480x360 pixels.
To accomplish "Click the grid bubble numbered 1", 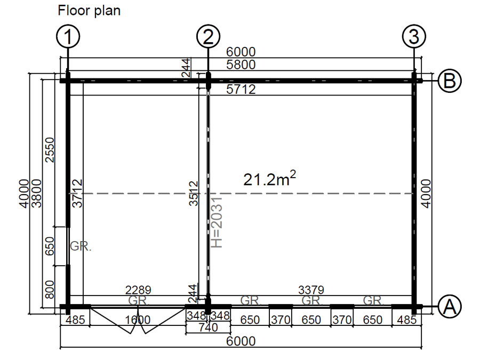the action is [68, 36].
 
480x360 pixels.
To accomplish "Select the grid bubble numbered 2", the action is [208, 36].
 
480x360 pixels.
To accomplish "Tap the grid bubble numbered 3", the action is [414, 36].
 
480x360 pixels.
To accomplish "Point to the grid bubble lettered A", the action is [450, 306].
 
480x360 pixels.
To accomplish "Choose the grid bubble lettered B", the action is [450, 81].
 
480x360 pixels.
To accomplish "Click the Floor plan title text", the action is [89, 11].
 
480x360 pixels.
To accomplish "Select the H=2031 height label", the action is [217, 222].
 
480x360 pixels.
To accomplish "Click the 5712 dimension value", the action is [241, 90].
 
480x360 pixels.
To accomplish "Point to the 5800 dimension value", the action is [241, 65].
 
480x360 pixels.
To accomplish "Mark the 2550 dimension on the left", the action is [49, 150].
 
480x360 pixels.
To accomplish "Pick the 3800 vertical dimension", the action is [36, 193].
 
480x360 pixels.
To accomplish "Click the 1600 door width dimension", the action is [138, 320].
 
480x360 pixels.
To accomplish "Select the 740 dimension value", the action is [208, 327].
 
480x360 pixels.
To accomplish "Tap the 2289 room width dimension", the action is [138, 290].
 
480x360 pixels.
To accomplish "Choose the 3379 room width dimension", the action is [311, 290].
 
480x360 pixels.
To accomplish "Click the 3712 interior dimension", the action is [78, 194].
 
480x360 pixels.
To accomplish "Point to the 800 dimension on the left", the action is [49, 289].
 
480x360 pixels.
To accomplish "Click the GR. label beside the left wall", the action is [81, 246].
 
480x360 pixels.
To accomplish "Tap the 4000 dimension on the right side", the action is [427, 194].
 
